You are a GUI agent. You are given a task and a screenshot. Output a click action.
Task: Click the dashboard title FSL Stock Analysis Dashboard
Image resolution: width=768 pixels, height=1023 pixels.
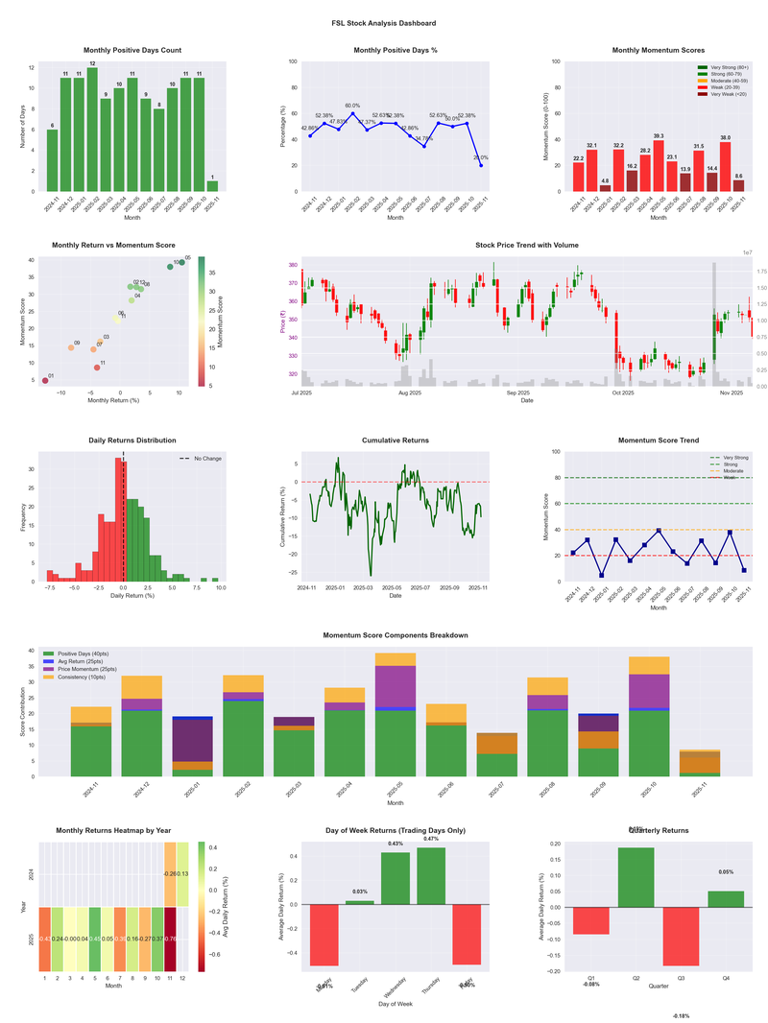[x=383, y=23]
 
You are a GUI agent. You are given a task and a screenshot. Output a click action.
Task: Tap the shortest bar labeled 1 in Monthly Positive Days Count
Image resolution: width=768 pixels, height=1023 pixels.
[x=212, y=186]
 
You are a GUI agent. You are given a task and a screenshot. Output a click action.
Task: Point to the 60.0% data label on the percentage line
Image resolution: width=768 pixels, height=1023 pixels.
[x=352, y=106]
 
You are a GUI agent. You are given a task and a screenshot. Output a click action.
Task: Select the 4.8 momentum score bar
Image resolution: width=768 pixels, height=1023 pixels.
[x=605, y=188]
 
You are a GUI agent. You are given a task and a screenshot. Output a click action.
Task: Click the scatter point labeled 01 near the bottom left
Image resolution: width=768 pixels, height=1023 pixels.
[x=45, y=381]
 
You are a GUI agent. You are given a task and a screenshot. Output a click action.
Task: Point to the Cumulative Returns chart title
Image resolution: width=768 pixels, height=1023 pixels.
[x=396, y=440]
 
